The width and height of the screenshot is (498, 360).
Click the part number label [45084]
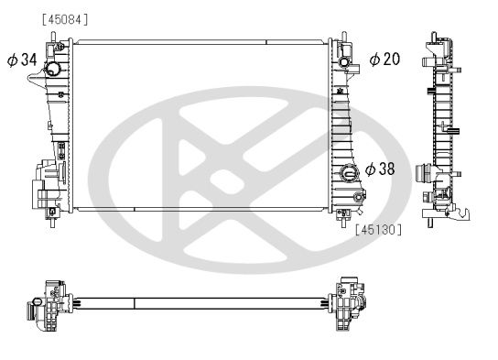tap(64, 19)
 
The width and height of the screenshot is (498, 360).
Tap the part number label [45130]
tap(378, 230)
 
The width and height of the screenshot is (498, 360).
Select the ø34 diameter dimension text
tap(21, 60)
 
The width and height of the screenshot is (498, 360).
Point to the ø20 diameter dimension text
tap(384, 60)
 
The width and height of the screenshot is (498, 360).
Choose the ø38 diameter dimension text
tap(382, 169)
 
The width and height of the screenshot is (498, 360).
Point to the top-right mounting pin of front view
tap(347, 38)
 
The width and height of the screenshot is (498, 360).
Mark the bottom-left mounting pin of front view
tap(56, 217)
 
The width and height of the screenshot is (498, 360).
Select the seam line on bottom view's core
tap(135, 301)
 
